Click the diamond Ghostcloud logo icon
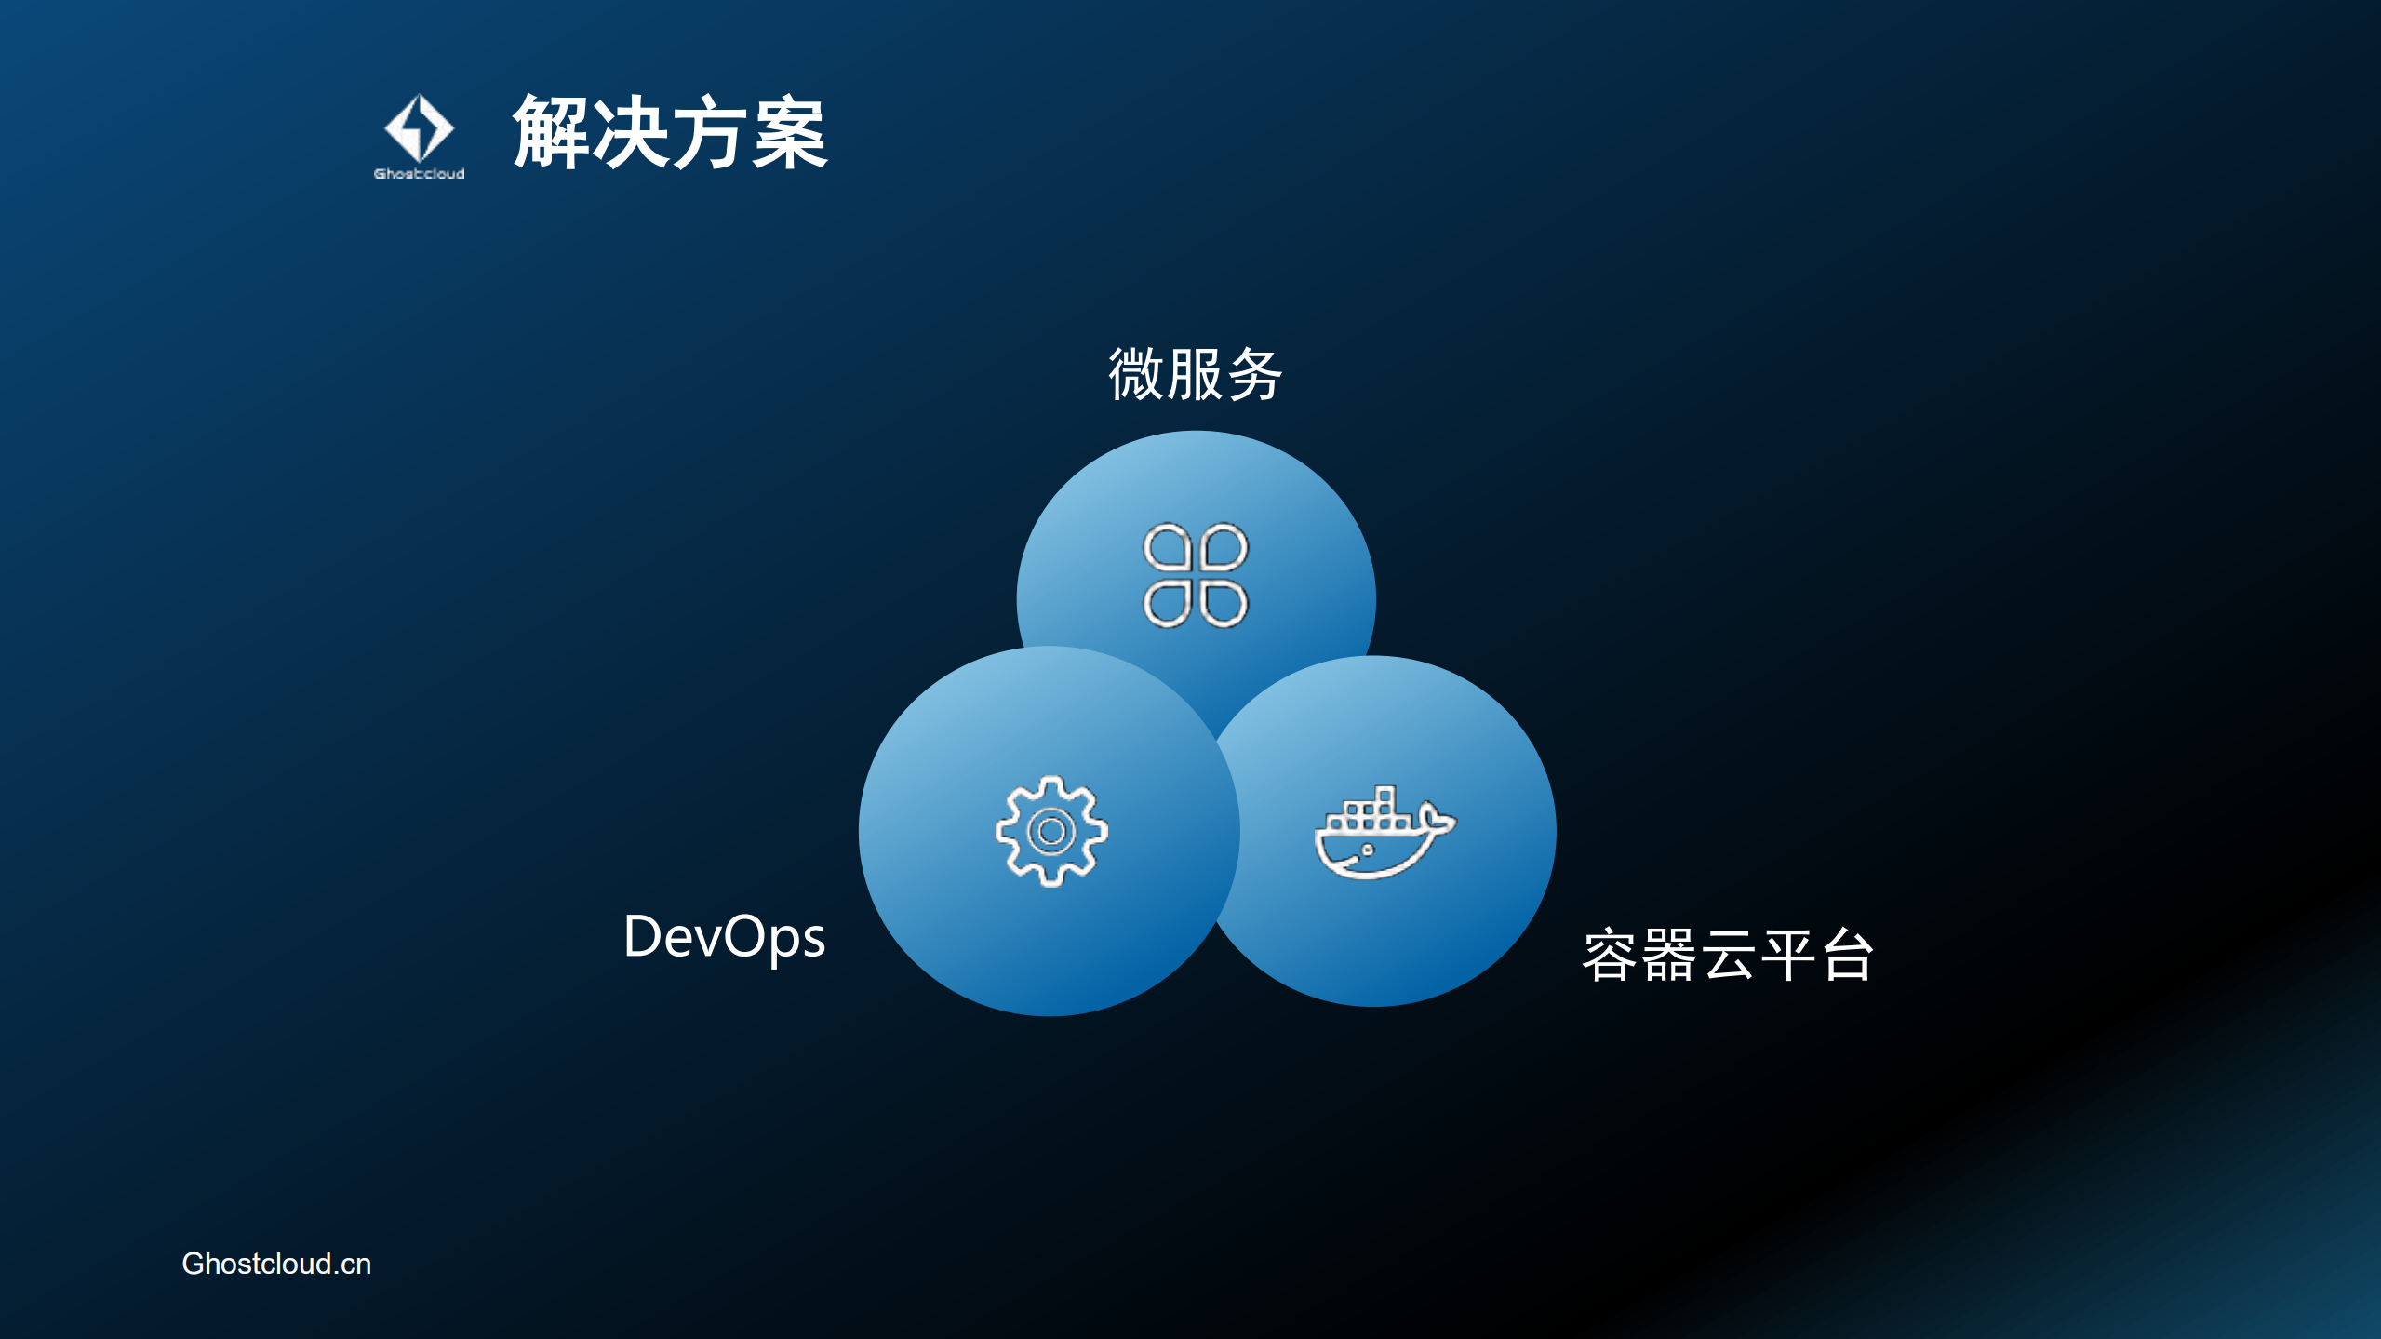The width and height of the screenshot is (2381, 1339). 419,128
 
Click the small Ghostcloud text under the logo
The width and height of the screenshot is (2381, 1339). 419,174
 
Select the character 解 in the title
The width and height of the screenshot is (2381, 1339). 551,132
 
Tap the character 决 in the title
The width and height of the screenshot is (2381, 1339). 631,132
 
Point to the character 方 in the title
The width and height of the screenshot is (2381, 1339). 710,132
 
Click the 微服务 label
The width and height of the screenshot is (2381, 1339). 1195,374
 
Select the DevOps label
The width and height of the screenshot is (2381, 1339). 724,937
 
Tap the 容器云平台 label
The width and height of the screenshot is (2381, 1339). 1727,956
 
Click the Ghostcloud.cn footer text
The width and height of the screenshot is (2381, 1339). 276,1264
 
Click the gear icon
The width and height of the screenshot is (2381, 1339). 1051,831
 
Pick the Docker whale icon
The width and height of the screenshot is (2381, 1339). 1384,833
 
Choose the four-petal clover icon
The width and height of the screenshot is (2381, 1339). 1196,575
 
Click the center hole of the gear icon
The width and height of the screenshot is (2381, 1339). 1051,831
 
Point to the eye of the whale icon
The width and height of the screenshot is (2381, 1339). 1368,850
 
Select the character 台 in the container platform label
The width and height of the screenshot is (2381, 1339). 1847,956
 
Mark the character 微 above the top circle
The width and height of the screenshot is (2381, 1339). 1135,374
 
